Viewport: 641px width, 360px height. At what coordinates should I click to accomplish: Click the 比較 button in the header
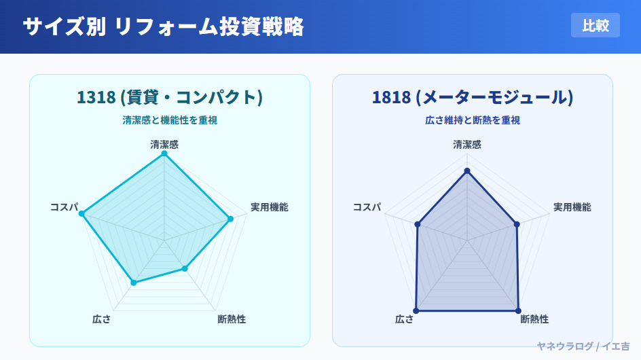pyautogui.click(x=596, y=25)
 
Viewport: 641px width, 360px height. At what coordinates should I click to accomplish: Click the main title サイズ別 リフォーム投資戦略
pyautogui.click(x=164, y=26)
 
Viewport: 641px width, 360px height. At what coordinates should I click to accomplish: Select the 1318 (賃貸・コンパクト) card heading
pyautogui.click(x=170, y=97)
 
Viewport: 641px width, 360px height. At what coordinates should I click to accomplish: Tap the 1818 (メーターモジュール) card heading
pyautogui.click(x=473, y=97)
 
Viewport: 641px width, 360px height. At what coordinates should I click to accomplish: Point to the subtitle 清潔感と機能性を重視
pyautogui.click(x=170, y=120)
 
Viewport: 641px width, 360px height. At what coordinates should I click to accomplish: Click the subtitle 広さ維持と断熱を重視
pyautogui.click(x=473, y=120)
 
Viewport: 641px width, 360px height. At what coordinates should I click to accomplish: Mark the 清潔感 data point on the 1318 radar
pyautogui.click(x=164, y=154)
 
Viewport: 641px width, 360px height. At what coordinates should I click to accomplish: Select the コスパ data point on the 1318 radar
pyautogui.click(x=81, y=213)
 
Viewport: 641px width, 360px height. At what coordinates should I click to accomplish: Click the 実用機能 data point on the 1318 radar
pyautogui.click(x=231, y=219)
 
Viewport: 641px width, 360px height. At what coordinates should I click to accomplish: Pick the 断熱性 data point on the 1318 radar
pyautogui.click(x=185, y=269)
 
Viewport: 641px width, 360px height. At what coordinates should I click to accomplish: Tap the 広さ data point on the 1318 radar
pyautogui.click(x=133, y=283)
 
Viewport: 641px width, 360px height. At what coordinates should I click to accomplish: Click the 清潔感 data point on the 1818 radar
pyautogui.click(x=467, y=171)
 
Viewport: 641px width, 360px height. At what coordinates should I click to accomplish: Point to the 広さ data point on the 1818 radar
pyautogui.click(x=416, y=311)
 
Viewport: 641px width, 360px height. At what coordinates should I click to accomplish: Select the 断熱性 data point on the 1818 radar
pyautogui.click(x=518, y=311)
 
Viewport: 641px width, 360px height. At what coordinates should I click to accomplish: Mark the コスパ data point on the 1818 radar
pyautogui.click(x=418, y=224)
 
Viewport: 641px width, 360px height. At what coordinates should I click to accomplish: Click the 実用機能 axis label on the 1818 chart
pyautogui.click(x=572, y=207)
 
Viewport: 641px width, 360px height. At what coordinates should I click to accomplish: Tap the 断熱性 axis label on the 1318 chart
pyautogui.click(x=232, y=319)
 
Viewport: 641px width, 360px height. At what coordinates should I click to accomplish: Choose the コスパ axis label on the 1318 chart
pyautogui.click(x=65, y=207)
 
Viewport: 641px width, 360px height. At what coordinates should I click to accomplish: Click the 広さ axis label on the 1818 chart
pyautogui.click(x=404, y=319)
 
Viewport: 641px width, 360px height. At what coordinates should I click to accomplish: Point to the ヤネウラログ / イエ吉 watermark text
pyautogui.click(x=583, y=346)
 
